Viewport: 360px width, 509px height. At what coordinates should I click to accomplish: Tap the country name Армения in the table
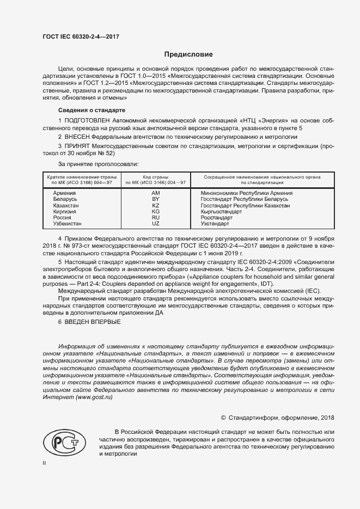click(x=64, y=194)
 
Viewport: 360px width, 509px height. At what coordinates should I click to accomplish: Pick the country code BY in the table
click(x=155, y=200)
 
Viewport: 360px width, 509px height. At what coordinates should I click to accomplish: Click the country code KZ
click(x=155, y=206)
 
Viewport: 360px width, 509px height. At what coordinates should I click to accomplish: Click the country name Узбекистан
click(x=67, y=224)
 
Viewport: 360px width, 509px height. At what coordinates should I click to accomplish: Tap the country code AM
click(x=155, y=194)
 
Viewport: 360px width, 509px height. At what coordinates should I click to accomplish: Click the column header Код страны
click(x=155, y=177)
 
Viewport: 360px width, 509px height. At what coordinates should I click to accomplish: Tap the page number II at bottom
click(x=44, y=463)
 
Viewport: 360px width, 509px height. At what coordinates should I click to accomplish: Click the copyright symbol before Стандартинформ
click(x=223, y=418)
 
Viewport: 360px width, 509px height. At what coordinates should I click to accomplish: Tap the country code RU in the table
click(x=155, y=218)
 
